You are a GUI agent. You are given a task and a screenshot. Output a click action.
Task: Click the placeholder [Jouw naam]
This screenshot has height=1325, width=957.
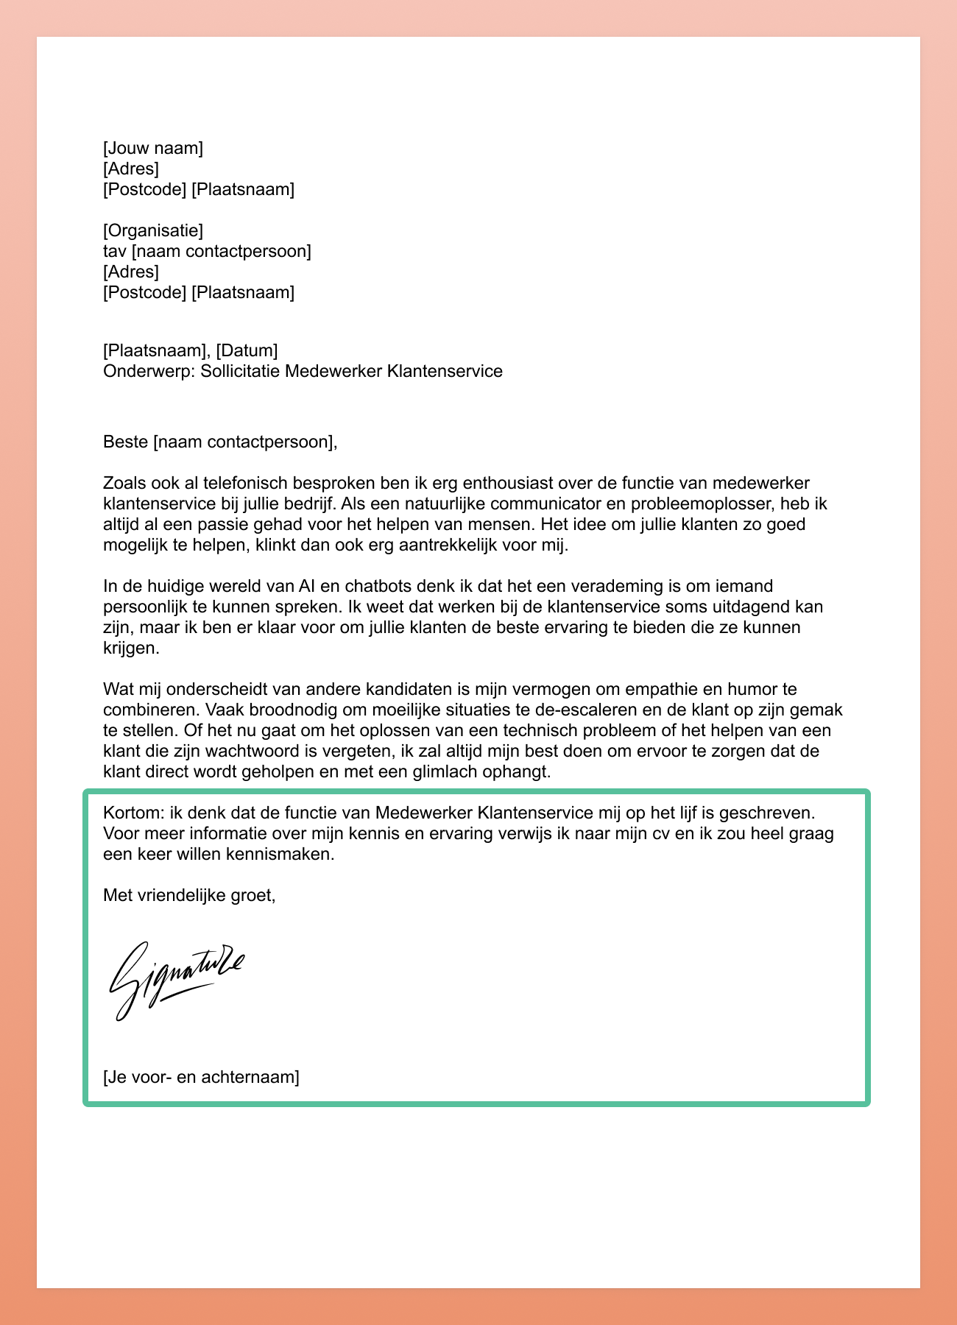(x=153, y=148)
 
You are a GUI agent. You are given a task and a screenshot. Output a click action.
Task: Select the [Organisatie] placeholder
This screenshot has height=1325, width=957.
(x=153, y=230)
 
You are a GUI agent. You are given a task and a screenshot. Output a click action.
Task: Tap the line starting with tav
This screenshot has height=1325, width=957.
(x=207, y=251)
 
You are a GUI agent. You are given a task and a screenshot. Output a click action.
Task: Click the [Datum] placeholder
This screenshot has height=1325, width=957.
(x=247, y=350)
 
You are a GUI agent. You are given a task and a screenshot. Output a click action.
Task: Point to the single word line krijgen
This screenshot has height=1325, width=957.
(x=130, y=649)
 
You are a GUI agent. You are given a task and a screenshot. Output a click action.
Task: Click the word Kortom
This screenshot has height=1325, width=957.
(x=133, y=813)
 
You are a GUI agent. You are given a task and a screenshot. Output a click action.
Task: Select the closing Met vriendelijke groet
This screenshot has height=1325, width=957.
(x=189, y=895)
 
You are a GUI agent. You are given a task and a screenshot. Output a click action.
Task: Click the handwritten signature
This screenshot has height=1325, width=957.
(x=177, y=979)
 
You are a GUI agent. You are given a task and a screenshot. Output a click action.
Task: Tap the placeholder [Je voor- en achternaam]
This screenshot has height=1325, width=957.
(x=201, y=1078)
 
